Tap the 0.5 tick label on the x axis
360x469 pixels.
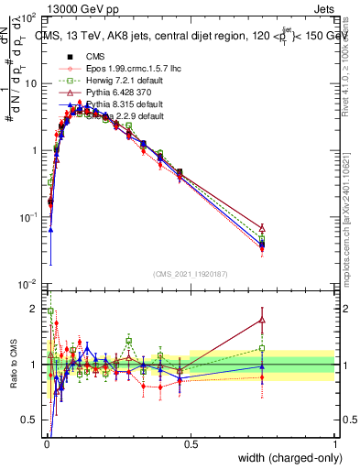[x=191, y=444]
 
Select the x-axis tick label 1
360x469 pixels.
[x=334, y=444]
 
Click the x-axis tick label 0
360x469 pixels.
[x=47, y=444]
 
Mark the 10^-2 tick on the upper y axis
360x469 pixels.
[x=27, y=284]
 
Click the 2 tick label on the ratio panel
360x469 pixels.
[x=35, y=309]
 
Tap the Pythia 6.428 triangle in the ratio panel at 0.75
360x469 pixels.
[x=263, y=320]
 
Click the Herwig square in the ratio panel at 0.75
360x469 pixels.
[x=263, y=348]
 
